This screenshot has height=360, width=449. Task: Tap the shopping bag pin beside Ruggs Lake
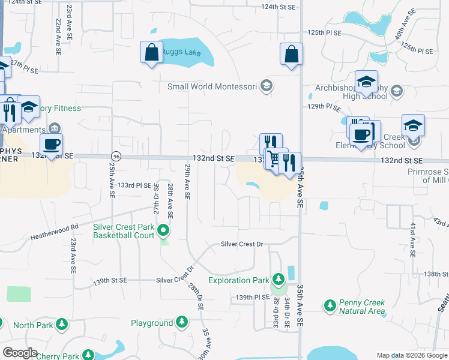[151, 52]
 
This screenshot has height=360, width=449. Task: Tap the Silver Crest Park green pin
[162, 230]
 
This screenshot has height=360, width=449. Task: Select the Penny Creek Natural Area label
[361, 307]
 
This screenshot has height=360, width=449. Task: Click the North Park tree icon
[62, 325]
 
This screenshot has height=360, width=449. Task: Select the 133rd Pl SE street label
[134, 185]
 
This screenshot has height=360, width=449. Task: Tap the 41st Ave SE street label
[413, 239]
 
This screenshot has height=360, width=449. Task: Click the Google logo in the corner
[20, 353]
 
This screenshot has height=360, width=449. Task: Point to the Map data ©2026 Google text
[412, 355]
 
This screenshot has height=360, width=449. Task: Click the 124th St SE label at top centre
[279, 7]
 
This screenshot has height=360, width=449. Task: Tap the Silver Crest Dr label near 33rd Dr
[243, 244]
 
